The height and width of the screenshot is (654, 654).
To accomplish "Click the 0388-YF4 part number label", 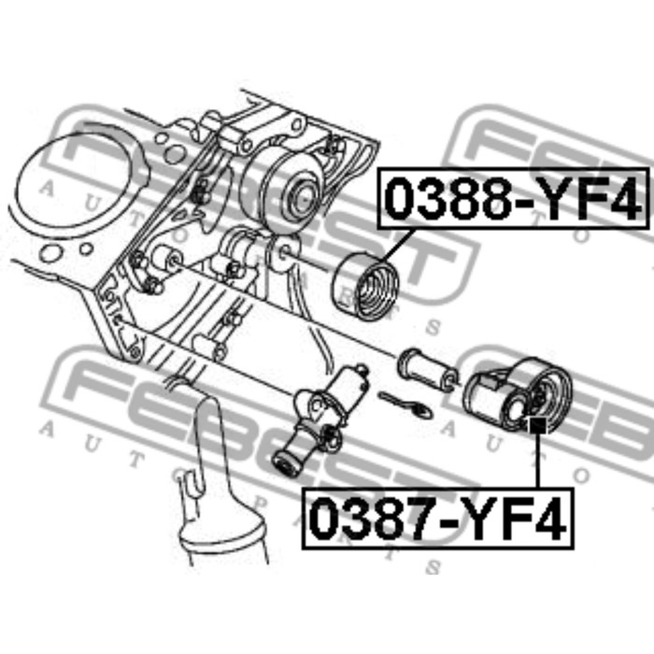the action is [x=513, y=198].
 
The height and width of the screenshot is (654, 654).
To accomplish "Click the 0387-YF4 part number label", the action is [x=437, y=518].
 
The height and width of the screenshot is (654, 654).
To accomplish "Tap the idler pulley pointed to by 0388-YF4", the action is [x=365, y=286].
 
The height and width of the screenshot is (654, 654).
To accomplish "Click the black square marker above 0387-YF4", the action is [x=537, y=426].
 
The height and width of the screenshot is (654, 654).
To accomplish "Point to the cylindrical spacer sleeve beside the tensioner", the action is [x=425, y=370].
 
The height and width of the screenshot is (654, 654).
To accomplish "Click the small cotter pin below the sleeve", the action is [x=405, y=405].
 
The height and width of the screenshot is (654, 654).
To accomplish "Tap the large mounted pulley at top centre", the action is [x=285, y=191].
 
